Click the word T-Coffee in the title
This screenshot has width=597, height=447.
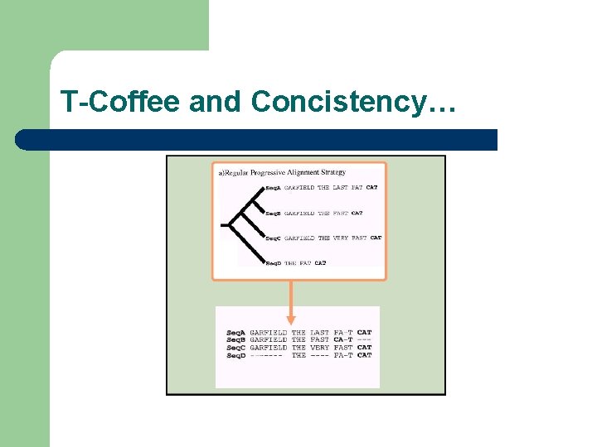pyautogui.click(x=121, y=102)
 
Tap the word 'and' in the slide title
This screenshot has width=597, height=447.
pyautogui.click(x=217, y=102)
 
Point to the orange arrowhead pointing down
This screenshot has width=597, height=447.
pyautogui.click(x=291, y=318)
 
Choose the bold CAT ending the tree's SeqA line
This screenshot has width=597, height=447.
pyautogui.click(x=372, y=188)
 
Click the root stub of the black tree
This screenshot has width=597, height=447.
pyautogui.click(x=225, y=224)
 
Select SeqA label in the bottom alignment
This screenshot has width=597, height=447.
pyautogui.click(x=236, y=333)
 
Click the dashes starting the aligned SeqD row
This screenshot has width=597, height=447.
pyautogui.click(x=268, y=356)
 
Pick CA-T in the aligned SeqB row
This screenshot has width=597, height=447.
pyautogui.click(x=343, y=340)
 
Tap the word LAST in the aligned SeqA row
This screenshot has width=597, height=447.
pyautogui.click(x=319, y=333)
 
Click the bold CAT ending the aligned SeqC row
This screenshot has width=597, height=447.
pyautogui.click(x=365, y=348)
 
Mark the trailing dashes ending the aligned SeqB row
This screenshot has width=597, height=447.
pyautogui.click(x=365, y=340)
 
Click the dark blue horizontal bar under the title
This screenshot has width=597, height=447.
pyautogui.click(x=257, y=139)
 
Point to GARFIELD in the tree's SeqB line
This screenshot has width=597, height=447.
pyautogui.click(x=299, y=213)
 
